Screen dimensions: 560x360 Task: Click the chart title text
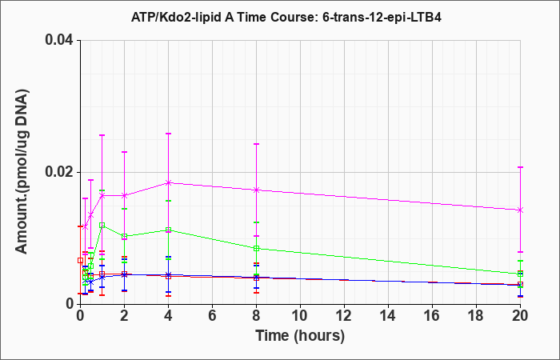(286, 17)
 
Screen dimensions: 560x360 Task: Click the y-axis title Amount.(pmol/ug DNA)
(22, 171)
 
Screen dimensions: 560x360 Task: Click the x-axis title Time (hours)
(300, 336)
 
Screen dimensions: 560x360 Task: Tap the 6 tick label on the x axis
(212, 316)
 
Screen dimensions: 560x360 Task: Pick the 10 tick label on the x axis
(300, 316)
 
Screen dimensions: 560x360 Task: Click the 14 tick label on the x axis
(388, 316)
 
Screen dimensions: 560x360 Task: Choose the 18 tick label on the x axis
(476, 316)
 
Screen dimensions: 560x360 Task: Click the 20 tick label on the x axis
(520, 316)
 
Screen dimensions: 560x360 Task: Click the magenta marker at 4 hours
(168, 183)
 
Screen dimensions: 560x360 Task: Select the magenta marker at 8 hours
(257, 190)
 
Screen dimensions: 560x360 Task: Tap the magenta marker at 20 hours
(520, 210)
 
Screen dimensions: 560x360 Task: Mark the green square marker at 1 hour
(102, 226)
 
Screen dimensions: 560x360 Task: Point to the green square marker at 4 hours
(168, 230)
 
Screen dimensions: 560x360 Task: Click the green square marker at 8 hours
(257, 249)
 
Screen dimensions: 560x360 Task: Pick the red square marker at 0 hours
(80, 260)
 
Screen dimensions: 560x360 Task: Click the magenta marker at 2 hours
(124, 195)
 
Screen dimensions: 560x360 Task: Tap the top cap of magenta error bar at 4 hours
(168, 134)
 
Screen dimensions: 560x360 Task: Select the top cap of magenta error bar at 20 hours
(520, 167)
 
